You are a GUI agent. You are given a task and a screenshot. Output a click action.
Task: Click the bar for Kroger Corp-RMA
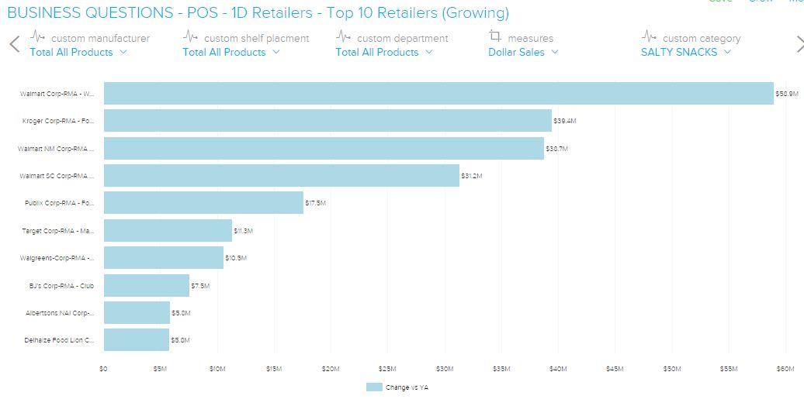[x=327, y=121]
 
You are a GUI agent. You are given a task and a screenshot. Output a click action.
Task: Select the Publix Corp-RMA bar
[x=203, y=203]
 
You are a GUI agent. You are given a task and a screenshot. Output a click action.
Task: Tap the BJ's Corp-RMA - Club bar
[x=147, y=285]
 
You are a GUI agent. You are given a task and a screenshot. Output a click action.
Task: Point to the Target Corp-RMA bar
[x=168, y=230]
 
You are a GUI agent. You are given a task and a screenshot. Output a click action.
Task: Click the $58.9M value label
[x=785, y=94]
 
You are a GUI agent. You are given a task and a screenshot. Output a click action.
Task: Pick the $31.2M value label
[x=472, y=176]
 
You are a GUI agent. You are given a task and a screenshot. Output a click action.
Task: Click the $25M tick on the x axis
[x=387, y=368]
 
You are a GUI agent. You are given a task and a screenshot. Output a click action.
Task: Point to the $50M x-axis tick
[x=672, y=368]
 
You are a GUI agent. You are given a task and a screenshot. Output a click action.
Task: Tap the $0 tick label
[x=104, y=368]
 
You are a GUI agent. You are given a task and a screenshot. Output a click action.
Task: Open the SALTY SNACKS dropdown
[x=685, y=52]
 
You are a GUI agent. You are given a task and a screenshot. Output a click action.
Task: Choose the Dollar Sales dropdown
[x=523, y=52]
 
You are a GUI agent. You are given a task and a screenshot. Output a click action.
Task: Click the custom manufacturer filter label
[x=100, y=38]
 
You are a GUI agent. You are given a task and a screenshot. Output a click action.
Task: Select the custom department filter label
[x=402, y=38]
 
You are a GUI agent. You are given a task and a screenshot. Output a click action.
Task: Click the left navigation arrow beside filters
[x=14, y=44]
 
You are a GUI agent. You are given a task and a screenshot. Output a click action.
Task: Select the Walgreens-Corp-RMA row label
[x=57, y=258]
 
